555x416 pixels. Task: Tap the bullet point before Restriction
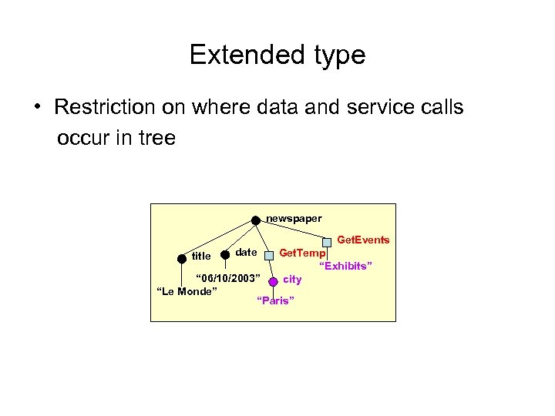click(x=37, y=107)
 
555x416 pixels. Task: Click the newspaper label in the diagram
click(x=294, y=219)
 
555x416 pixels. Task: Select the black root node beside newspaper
click(x=256, y=220)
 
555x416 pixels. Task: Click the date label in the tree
click(x=246, y=253)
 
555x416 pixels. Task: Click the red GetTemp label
click(x=302, y=253)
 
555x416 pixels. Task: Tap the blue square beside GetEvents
click(x=327, y=241)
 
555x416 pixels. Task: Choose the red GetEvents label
click(x=364, y=240)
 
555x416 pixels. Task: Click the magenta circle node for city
click(x=273, y=282)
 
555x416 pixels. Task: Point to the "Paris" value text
click(x=274, y=300)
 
